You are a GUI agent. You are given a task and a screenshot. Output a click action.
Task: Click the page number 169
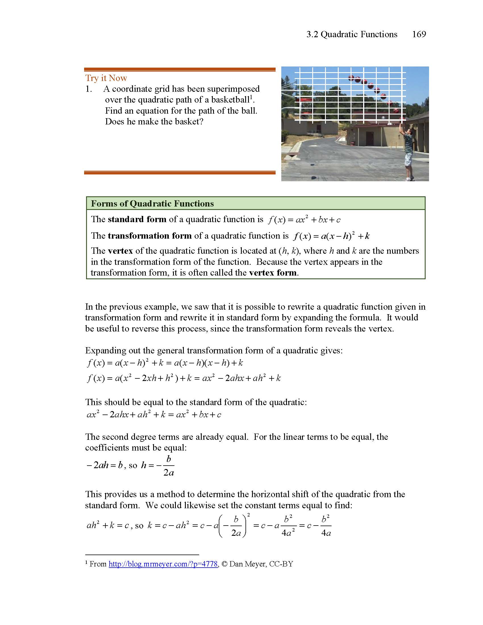[419, 34]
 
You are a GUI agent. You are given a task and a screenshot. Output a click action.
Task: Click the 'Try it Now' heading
[106, 78]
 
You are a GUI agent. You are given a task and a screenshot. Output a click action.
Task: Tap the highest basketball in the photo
[351, 78]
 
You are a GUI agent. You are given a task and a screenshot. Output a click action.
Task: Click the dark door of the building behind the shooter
[369, 138]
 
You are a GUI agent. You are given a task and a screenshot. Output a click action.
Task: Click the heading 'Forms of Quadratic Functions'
[152, 203]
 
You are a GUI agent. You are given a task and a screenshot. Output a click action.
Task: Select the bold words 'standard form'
[137, 219]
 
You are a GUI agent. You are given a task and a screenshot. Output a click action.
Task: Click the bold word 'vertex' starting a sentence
[120, 251]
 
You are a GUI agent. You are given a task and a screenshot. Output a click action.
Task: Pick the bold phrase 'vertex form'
[273, 272]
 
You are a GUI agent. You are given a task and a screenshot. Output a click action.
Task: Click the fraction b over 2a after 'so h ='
[168, 466]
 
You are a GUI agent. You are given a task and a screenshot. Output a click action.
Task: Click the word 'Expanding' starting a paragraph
[105, 350]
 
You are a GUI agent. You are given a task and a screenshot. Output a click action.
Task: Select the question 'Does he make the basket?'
[154, 121]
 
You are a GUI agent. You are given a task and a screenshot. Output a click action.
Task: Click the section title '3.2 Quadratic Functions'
[352, 34]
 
